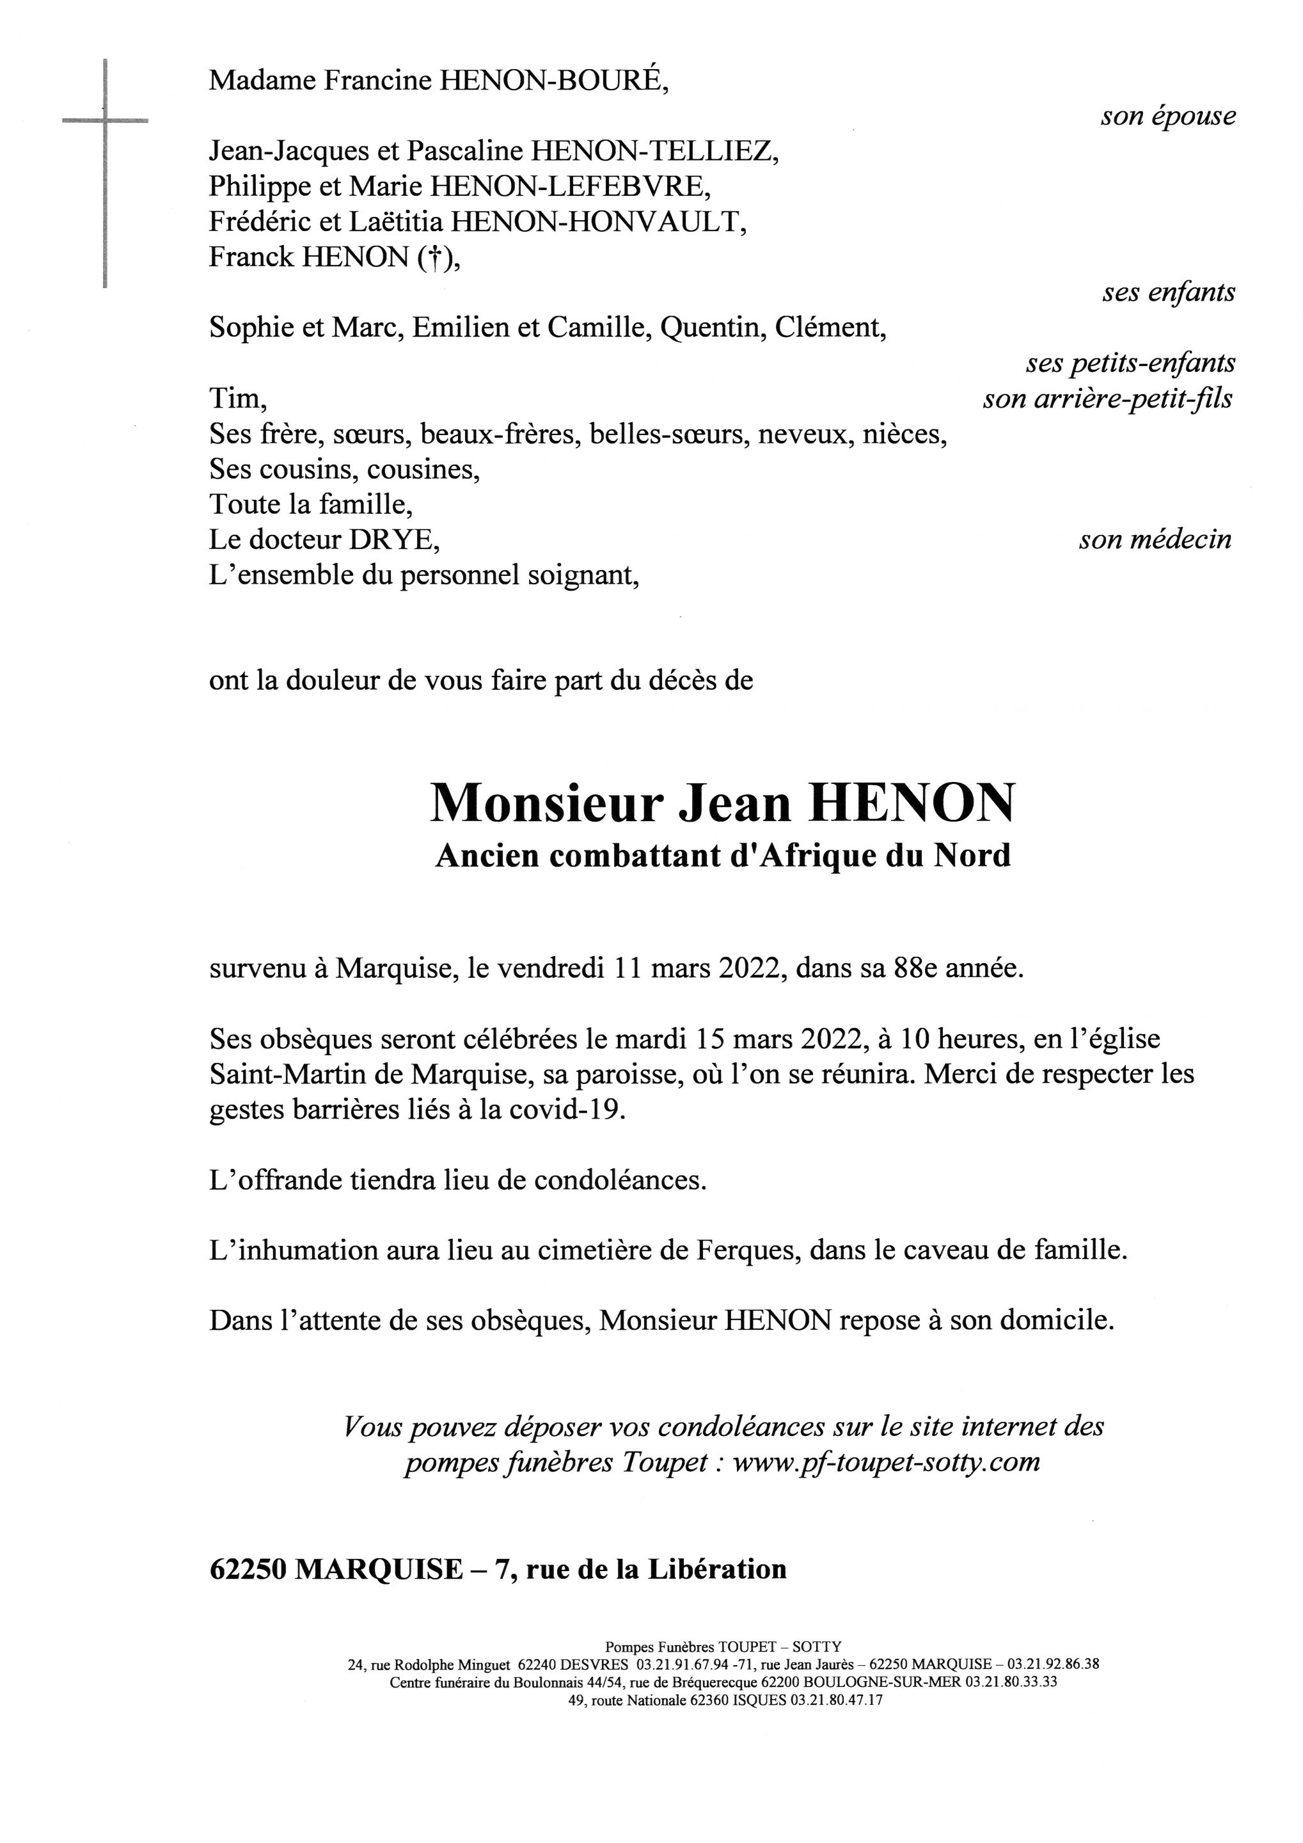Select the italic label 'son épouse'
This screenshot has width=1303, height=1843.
1167,117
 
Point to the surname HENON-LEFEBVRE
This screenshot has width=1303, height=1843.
570,187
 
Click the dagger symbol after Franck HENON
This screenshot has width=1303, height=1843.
434,258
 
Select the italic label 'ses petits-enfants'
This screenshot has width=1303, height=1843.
1130,363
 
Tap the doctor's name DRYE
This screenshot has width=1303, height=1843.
393,540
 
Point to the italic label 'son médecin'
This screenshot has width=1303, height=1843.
1155,540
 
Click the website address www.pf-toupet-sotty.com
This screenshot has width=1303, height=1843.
886,1462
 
